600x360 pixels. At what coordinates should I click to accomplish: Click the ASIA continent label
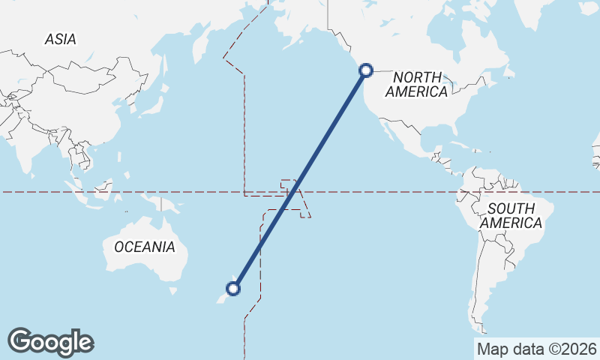click(x=60, y=39)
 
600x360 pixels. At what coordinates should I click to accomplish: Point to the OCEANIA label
click(x=145, y=247)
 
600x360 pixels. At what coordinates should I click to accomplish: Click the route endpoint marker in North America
click(x=366, y=70)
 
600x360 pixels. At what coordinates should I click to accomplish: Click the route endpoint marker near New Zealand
click(x=233, y=288)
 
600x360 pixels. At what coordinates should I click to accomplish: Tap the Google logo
click(x=50, y=342)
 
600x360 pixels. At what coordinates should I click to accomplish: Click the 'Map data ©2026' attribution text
click(x=536, y=349)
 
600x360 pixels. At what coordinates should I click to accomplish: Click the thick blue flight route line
click(x=300, y=179)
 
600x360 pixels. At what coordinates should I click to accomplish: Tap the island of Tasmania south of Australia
click(x=173, y=291)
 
